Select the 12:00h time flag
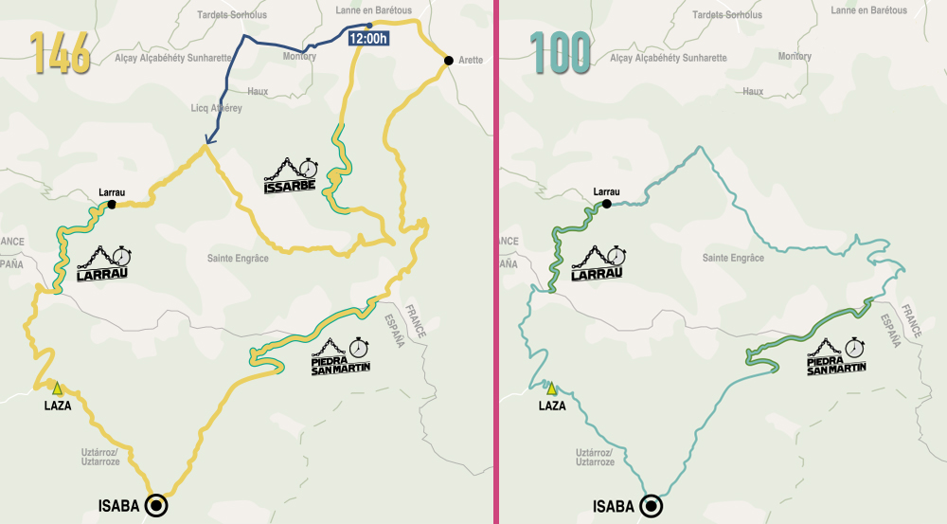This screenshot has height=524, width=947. (x=367, y=39)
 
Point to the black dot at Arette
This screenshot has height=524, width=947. (x=448, y=60)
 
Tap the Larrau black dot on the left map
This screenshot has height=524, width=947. (x=112, y=204)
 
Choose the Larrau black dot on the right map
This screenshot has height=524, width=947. (x=607, y=204)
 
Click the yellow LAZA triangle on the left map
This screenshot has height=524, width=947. (x=57, y=388)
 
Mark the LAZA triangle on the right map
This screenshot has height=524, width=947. (x=551, y=388)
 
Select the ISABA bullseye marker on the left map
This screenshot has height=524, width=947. (x=156, y=506)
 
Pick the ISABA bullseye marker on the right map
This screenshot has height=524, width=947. (x=652, y=506)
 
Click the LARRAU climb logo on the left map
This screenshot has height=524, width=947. (x=102, y=263)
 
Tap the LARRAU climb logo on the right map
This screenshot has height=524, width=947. (x=598, y=263)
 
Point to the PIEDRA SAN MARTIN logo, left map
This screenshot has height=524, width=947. (x=340, y=356)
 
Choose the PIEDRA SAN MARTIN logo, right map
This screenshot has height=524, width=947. (x=836, y=356)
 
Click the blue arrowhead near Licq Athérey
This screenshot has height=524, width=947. (x=205, y=145)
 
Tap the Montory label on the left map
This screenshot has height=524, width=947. (x=299, y=57)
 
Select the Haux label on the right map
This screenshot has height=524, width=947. (x=753, y=91)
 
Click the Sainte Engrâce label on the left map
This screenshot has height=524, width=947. (x=238, y=258)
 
